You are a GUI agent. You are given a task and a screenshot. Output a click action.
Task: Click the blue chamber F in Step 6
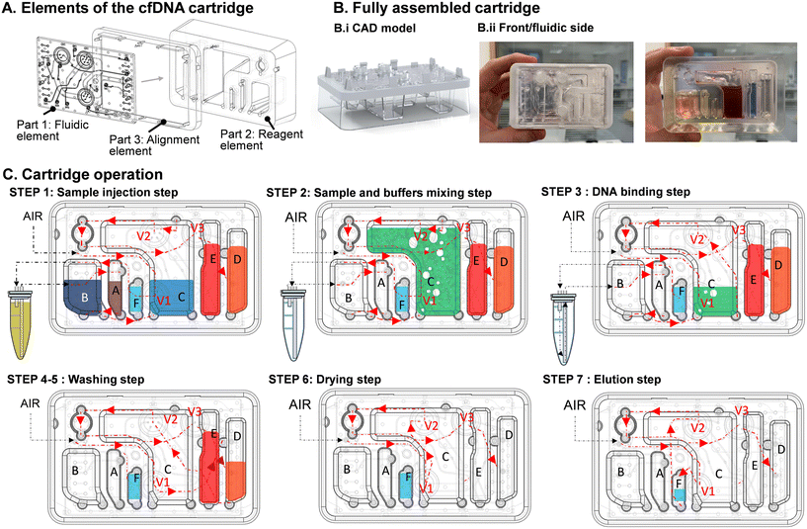point(405,487)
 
